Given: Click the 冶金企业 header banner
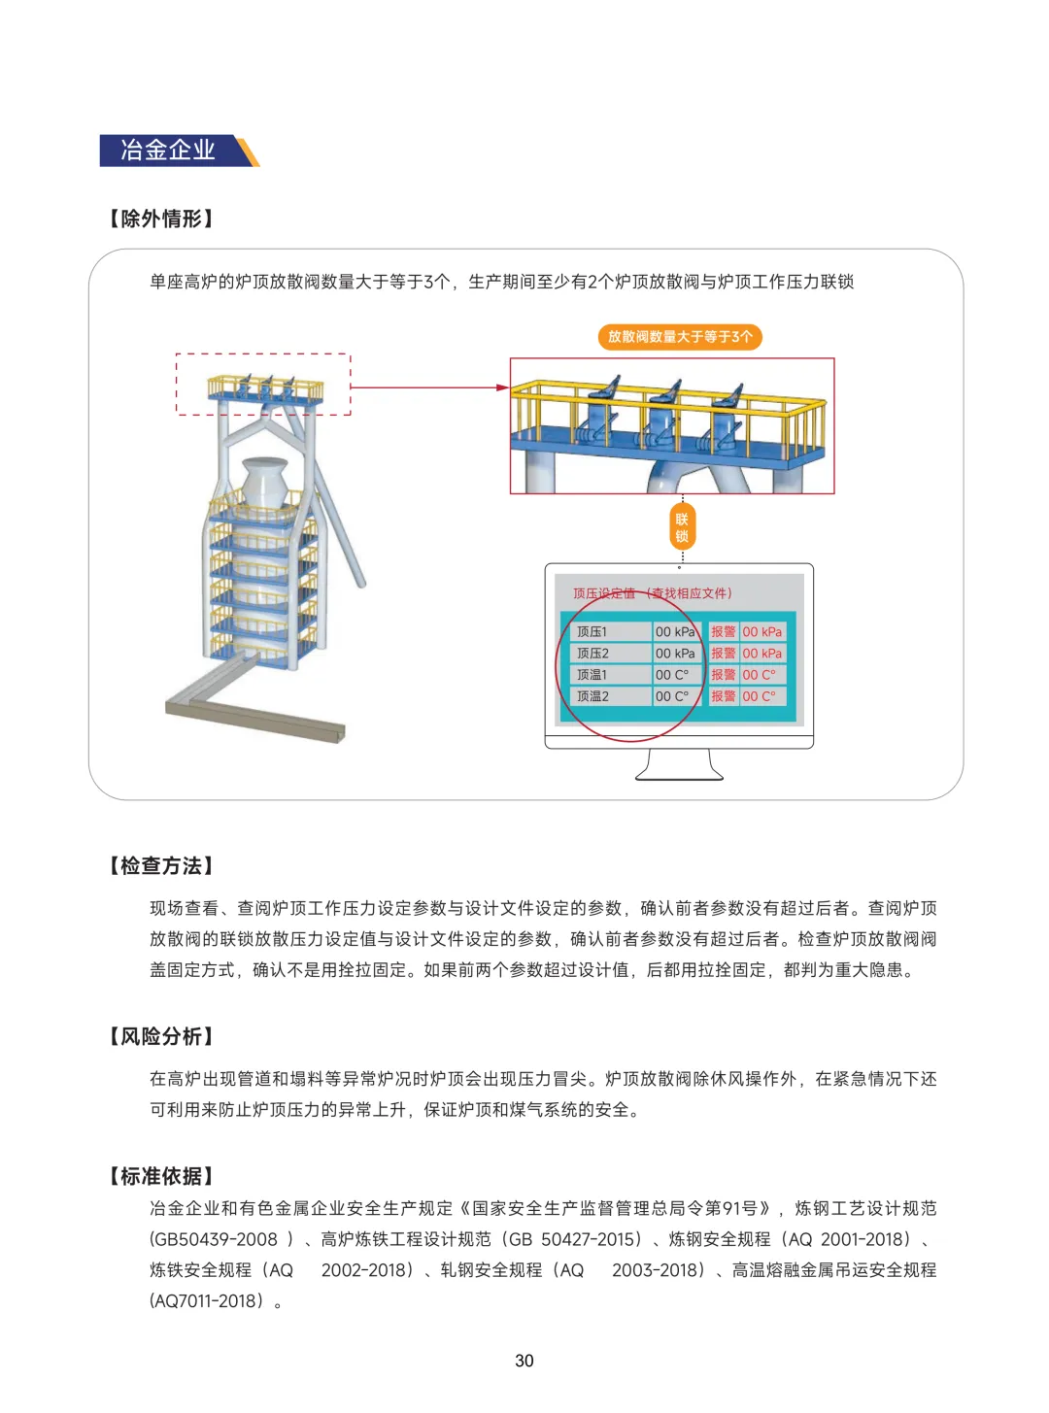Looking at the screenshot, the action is coord(179,151).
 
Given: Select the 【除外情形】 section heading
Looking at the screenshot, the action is coord(160,219).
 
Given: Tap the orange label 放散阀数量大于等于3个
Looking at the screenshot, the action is coord(679,336).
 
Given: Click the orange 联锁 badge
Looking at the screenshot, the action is coord(681,527).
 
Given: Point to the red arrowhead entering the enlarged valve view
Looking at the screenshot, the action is coord(503,387).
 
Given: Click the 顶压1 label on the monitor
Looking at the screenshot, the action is coord(592,631).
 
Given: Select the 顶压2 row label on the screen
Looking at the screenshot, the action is coord(592,653).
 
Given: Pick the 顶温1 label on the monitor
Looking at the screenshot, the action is coord(592,675).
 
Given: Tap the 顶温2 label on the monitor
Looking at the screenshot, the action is coord(592,696).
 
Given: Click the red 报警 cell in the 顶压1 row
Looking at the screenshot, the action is coord(723,631).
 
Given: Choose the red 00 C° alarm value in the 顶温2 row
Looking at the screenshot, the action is coord(759,696).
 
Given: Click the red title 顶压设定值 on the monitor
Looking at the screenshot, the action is coord(603,593).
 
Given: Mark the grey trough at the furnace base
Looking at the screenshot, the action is coord(254,701).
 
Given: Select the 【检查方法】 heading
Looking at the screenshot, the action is coord(160,865).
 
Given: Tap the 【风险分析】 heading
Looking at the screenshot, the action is coord(160,1036).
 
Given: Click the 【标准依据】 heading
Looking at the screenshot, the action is coord(160,1176).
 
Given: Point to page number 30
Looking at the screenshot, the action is coord(524,1361).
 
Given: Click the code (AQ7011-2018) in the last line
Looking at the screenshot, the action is coord(207,1300).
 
